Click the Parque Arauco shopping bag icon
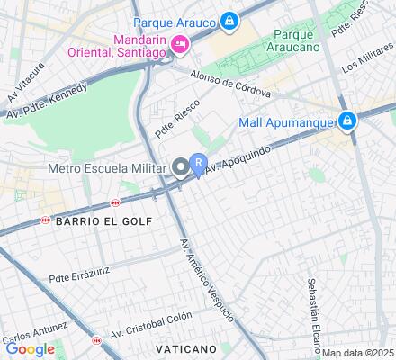(229, 20)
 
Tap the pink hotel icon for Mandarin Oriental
(180, 43)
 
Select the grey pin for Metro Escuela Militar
(181, 167)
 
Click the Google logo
(30, 349)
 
